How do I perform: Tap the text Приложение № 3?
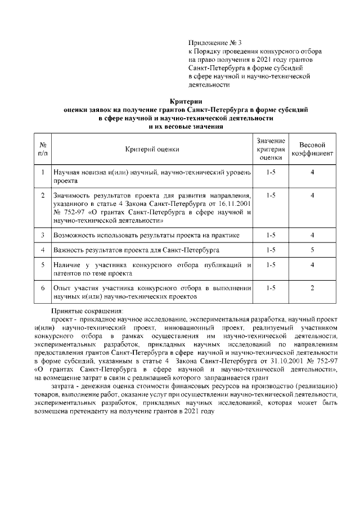[214, 43]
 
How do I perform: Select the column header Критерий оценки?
[152, 150]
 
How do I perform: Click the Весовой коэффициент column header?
[313, 149]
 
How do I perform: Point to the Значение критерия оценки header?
[271, 149]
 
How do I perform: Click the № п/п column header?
[43, 149]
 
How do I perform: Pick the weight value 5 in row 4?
[312, 249]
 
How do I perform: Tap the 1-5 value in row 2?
[271, 195]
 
